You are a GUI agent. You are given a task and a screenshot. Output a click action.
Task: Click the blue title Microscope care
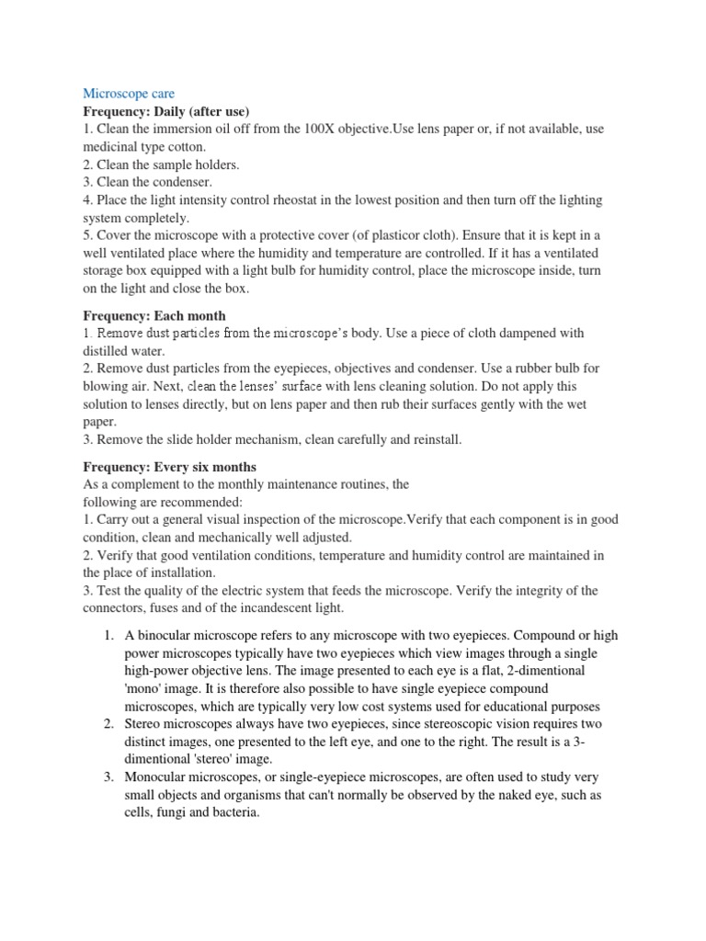pos(129,94)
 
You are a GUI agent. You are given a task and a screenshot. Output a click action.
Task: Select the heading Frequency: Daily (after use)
pos(166,111)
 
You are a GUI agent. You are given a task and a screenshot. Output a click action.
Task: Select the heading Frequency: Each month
pos(154,315)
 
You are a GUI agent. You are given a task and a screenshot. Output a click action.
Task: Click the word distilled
pos(108,350)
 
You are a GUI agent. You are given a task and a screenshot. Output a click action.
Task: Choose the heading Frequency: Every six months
pos(170,467)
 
